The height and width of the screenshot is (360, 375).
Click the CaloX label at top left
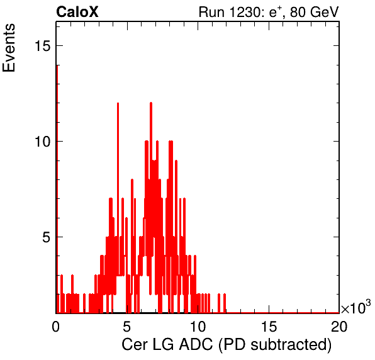pos(77,12)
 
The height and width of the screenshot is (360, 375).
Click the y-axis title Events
pos(9,48)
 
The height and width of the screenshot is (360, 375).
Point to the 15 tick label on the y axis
pos(43,45)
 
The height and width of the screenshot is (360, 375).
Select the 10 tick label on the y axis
pos(43,142)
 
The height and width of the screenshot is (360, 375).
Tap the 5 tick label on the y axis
pos(47,237)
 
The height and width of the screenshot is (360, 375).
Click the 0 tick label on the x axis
pos(56,326)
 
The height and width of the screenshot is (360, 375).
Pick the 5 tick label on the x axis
pos(126,326)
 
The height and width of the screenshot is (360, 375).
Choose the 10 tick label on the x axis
pos(198,326)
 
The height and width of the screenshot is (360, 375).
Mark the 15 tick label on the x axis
pos(269,326)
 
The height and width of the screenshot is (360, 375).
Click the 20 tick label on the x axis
pos(339,326)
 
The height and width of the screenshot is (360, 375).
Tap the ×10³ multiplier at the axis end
pos(356,307)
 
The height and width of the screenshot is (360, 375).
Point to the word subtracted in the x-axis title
pos(290,344)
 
